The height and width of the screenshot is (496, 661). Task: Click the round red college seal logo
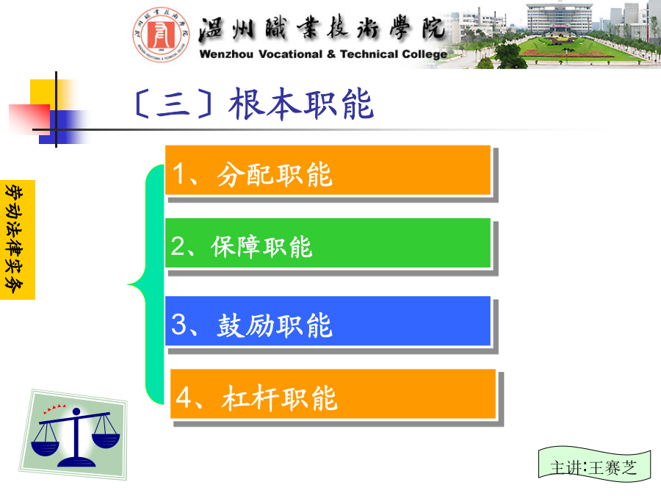(161, 35)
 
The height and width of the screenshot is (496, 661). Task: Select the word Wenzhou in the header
(226, 54)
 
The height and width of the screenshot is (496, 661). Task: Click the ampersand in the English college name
(331, 54)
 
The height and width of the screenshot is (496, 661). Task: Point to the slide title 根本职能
(301, 104)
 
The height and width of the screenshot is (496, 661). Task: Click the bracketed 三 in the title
(173, 104)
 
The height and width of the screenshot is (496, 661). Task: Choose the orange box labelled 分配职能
(328, 170)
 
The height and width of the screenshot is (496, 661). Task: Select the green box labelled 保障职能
(328, 243)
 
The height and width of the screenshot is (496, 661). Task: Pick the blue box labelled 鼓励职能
(328, 321)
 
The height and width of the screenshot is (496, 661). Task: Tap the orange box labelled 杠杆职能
(333, 394)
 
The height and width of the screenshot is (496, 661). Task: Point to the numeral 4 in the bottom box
(184, 398)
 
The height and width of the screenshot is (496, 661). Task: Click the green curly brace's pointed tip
(129, 284)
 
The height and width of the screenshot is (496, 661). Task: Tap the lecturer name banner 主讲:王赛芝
(594, 467)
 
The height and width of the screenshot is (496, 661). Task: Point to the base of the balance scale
(76, 462)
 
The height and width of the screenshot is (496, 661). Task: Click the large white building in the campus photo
(559, 18)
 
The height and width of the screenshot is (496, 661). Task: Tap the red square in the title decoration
(29, 119)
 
